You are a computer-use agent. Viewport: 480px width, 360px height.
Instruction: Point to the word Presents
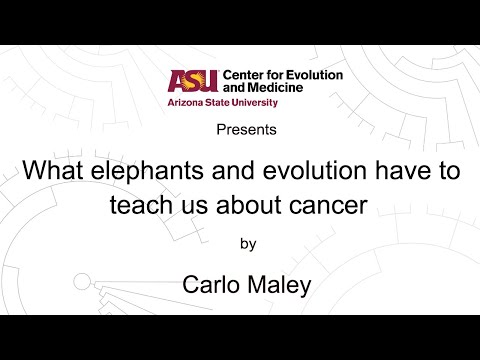(x=240, y=130)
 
